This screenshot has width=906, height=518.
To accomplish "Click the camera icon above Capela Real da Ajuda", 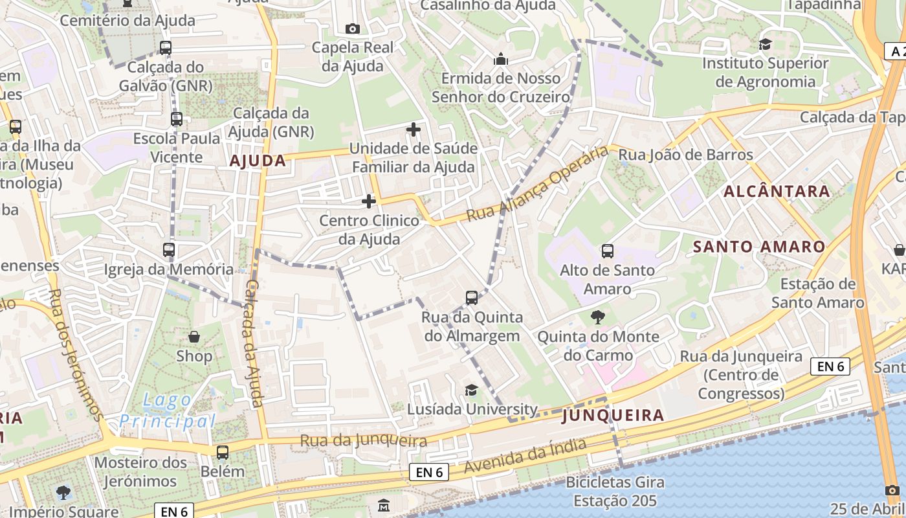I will [353, 28].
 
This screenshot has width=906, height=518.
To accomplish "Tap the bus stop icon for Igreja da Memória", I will [169, 250].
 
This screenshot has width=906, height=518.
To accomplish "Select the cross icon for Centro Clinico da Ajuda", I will [369, 201].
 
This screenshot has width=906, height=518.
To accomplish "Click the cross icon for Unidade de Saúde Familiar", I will [414, 129].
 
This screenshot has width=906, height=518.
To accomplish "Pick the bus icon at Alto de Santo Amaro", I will [607, 251].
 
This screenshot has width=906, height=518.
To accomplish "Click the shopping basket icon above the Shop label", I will [194, 337].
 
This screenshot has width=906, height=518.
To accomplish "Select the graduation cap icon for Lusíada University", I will [472, 390].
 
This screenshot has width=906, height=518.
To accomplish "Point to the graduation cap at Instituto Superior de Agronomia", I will [765, 45].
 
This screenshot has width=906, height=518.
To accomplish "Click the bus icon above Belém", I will [223, 452].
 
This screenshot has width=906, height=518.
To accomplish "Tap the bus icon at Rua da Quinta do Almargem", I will [472, 298].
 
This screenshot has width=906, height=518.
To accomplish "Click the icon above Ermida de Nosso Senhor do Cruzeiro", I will [500, 60].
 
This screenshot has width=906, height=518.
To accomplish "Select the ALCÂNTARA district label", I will [777, 191].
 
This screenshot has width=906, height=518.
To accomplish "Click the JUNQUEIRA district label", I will [613, 415].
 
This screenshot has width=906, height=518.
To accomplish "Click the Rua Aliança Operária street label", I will [539, 184].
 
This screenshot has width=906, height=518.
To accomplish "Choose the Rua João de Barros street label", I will [686, 155].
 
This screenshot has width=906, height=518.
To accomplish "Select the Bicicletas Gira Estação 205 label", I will [615, 491].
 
